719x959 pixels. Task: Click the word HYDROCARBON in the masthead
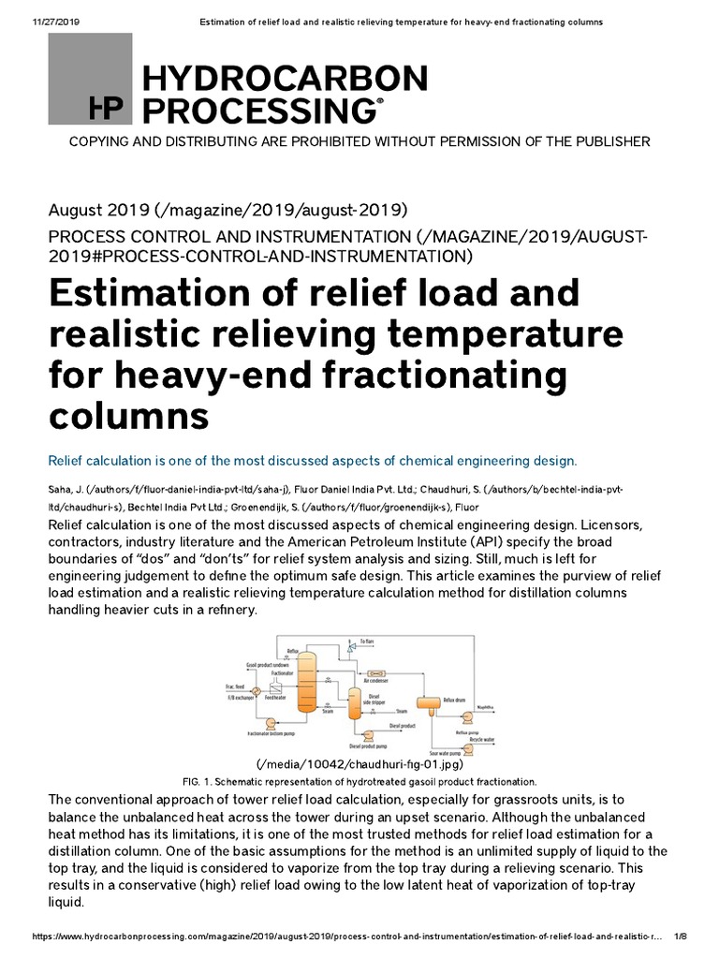coord(284,79)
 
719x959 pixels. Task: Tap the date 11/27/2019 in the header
coord(36,21)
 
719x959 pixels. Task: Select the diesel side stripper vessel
coord(354,701)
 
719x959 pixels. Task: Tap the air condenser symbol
coord(379,672)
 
